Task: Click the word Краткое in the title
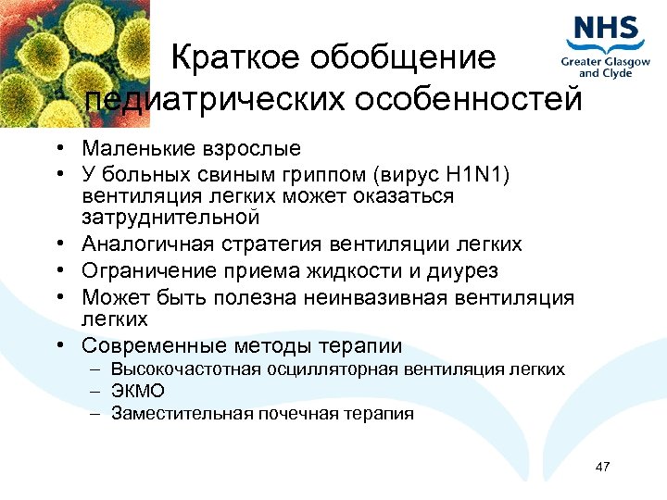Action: click(233, 57)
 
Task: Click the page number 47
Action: click(602, 466)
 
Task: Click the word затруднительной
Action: click(170, 218)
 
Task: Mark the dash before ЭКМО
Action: click(96, 392)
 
